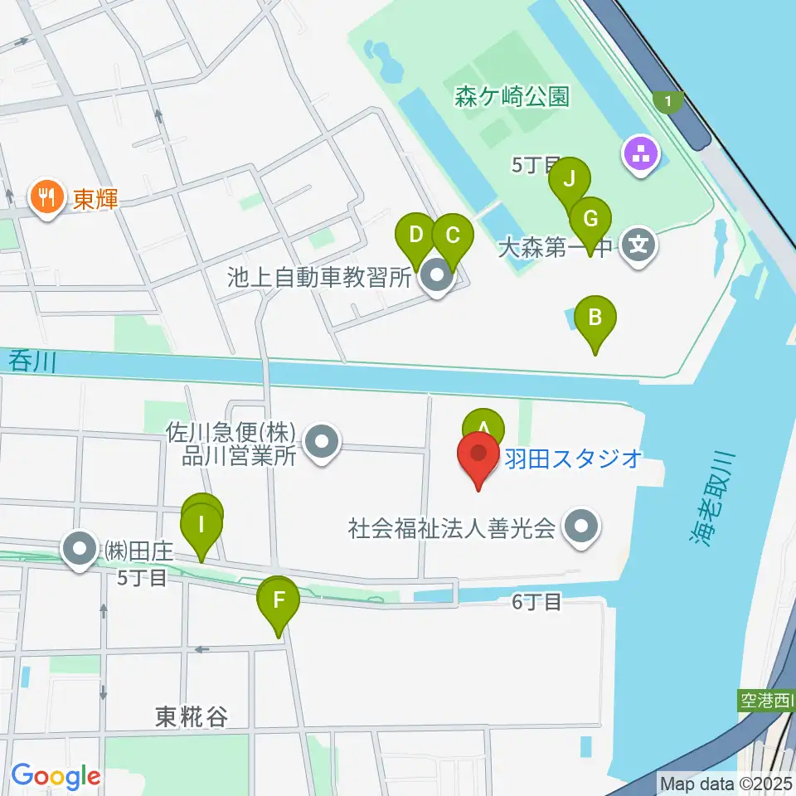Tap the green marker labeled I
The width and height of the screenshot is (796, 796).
pyautogui.click(x=201, y=527)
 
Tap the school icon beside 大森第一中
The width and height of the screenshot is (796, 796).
pyautogui.click(x=639, y=246)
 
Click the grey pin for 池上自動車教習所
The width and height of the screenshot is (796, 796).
pyautogui.click(x=435, y=276)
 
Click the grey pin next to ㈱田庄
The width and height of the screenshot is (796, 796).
pyautogui.click(x=80, y=548)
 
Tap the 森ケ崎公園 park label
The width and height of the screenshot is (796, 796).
pyautogui.click(x=512, y=97)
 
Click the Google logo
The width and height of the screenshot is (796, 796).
pyautogui.click(x=56, y=775)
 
